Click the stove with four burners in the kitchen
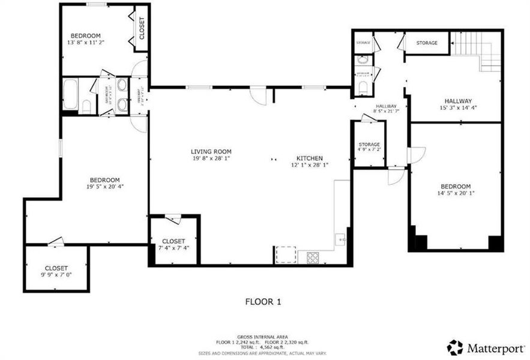point(313,257)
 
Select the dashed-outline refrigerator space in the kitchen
point(286,255)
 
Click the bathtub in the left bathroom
point(69,94)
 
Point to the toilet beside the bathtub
point(85,107)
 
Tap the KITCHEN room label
point(309,157)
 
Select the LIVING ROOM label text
point(211,152)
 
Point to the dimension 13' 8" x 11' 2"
point(85,43)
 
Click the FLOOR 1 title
point(263,302)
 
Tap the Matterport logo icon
point(455,347)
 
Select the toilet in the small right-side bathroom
point(362,88)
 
